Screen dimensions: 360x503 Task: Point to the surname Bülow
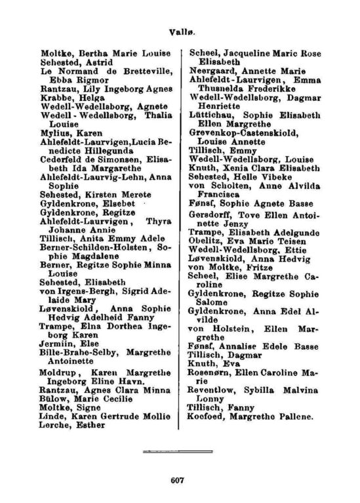click(x=36, y=397)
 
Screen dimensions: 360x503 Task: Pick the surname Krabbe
click(x=37, y=96)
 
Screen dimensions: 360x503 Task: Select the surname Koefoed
click(x=210, y=415)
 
